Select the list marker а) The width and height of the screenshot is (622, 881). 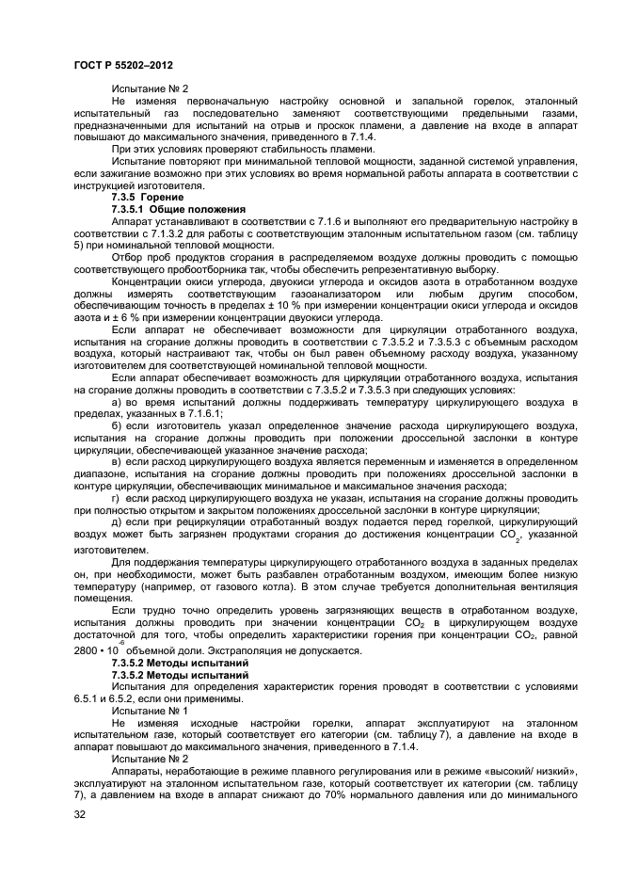[x=118, y=402]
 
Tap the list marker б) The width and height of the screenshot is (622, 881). [x=118, y=425]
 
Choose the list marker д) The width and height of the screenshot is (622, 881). [x=118, y=521]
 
